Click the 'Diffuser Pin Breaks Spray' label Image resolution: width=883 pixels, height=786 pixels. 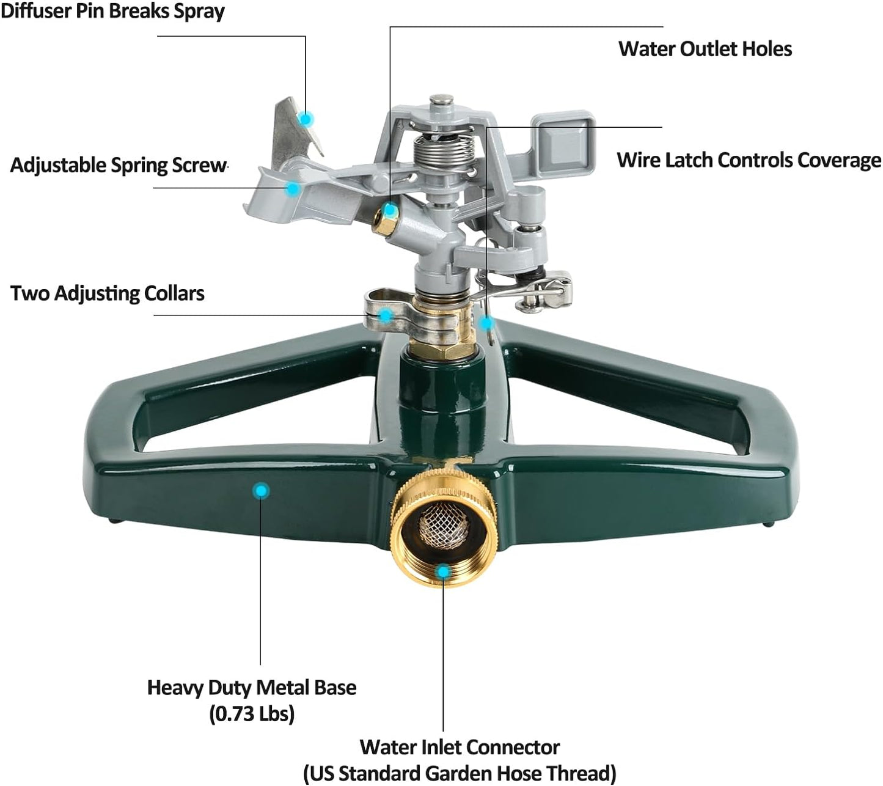(x=112, y=11)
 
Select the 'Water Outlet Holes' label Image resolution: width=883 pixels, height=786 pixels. (x=705, y=49)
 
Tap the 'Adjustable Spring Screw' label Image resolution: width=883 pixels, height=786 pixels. (x=119, y=165)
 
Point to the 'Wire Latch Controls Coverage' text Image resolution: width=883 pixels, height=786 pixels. (x=749, y=160)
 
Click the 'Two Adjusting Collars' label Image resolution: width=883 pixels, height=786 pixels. (x=108, y=293)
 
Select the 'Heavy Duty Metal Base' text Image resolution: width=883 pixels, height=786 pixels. (x=251, y=688)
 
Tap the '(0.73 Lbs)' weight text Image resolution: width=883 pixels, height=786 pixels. (x=251, y=713)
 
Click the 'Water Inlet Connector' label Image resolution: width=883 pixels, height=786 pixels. (x=459, y=747)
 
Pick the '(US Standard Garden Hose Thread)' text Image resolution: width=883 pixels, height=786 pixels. (x=459, y=773)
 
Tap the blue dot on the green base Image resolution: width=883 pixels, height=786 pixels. (x=261, y=490)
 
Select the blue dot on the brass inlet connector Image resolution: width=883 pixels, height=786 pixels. (x=444, y=571)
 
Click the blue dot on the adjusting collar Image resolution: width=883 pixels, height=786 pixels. (x=385, y=315)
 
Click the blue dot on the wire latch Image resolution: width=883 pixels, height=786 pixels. (x=486, y=322)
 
